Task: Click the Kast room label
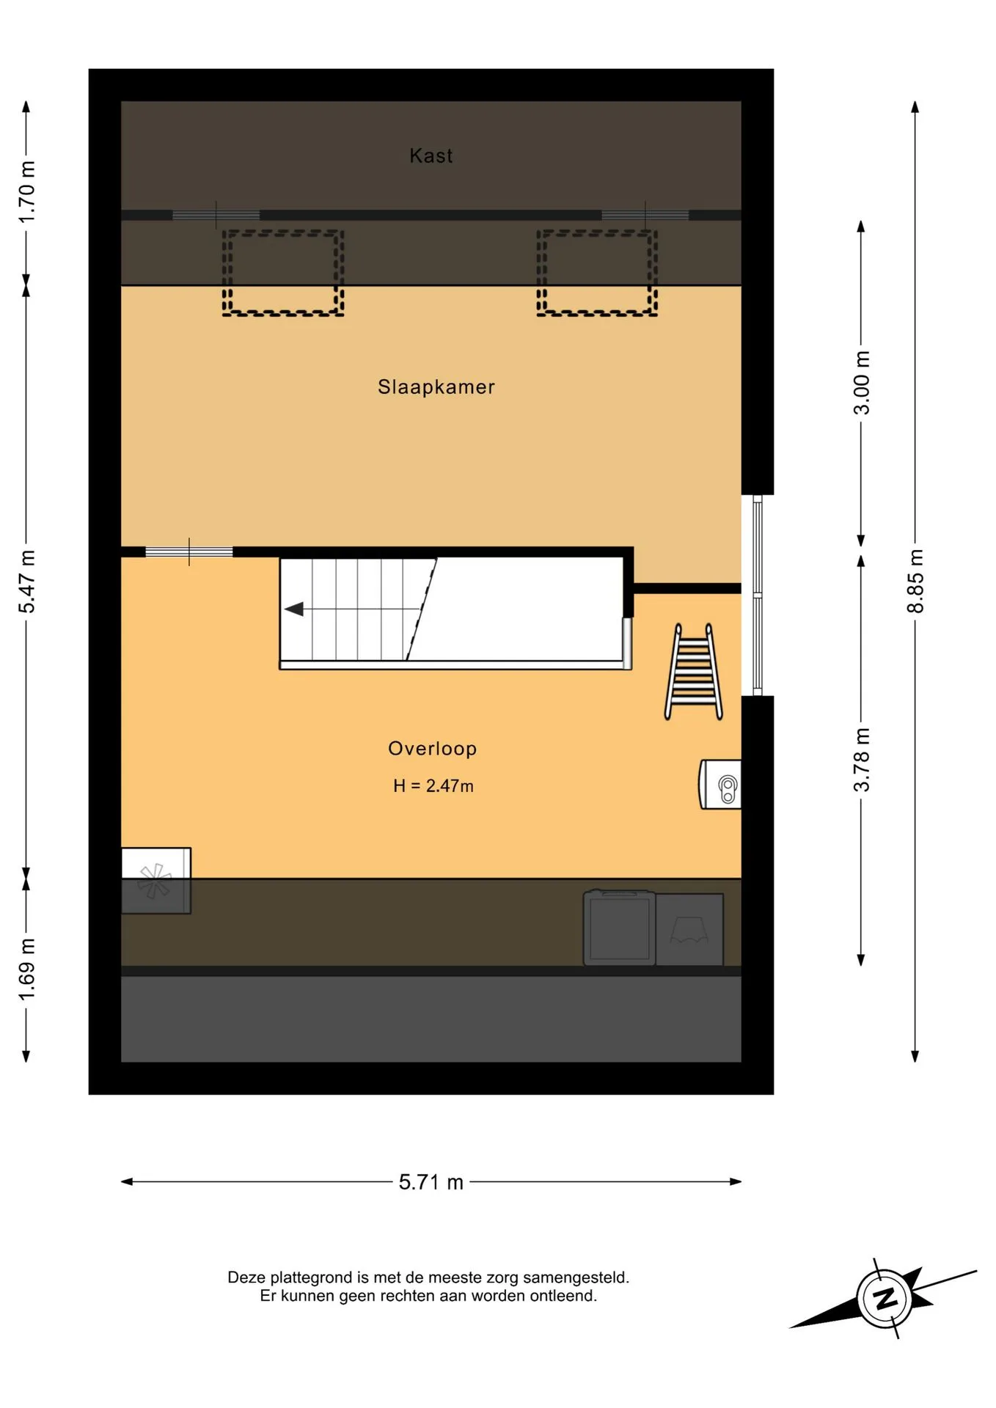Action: pos(431,155)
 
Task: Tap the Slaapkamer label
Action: pos(436,386)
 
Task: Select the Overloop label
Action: pos(433,748)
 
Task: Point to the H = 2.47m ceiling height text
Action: pos(433,786)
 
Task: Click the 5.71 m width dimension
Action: pos(431,1181)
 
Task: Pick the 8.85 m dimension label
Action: pos(915,580)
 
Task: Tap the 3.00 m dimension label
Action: pos(862,382)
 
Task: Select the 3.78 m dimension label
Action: pos(862,760)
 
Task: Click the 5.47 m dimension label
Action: pos(27,582)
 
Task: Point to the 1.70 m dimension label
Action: pos(27,192)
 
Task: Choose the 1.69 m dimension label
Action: pos(27,969)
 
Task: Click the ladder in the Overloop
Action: pos(694,672)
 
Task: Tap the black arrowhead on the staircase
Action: pos(294,609)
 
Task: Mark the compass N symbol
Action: pos(885,1298)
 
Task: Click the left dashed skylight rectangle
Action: pos(283,273)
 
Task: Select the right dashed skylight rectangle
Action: pos(597,273)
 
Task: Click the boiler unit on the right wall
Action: pos(719,785)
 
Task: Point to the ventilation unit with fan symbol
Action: pos(156,881)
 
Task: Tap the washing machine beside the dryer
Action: pos(620,928)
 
